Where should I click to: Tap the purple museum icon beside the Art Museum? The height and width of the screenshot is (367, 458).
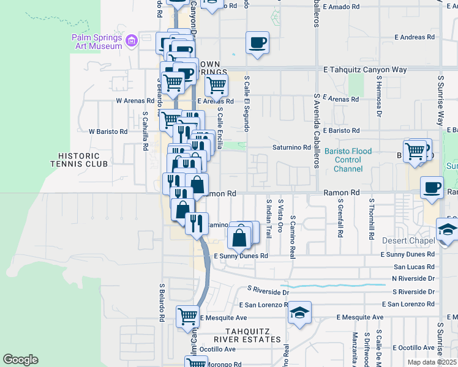click(130, 42)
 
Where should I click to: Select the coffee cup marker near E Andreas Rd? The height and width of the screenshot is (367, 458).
click(257, 42)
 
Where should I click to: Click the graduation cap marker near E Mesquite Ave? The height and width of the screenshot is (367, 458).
click(299, 312)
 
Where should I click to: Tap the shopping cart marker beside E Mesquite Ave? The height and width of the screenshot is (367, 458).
click(187, 317)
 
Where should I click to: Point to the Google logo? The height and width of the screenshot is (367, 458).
click(20, 360)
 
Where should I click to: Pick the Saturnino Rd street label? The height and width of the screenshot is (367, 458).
click(292, 147)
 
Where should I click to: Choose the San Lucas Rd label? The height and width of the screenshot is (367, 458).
click(414, 267)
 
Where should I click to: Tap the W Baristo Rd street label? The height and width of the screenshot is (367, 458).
click(108, 131)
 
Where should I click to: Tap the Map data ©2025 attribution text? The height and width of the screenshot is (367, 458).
click(432, 362)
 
